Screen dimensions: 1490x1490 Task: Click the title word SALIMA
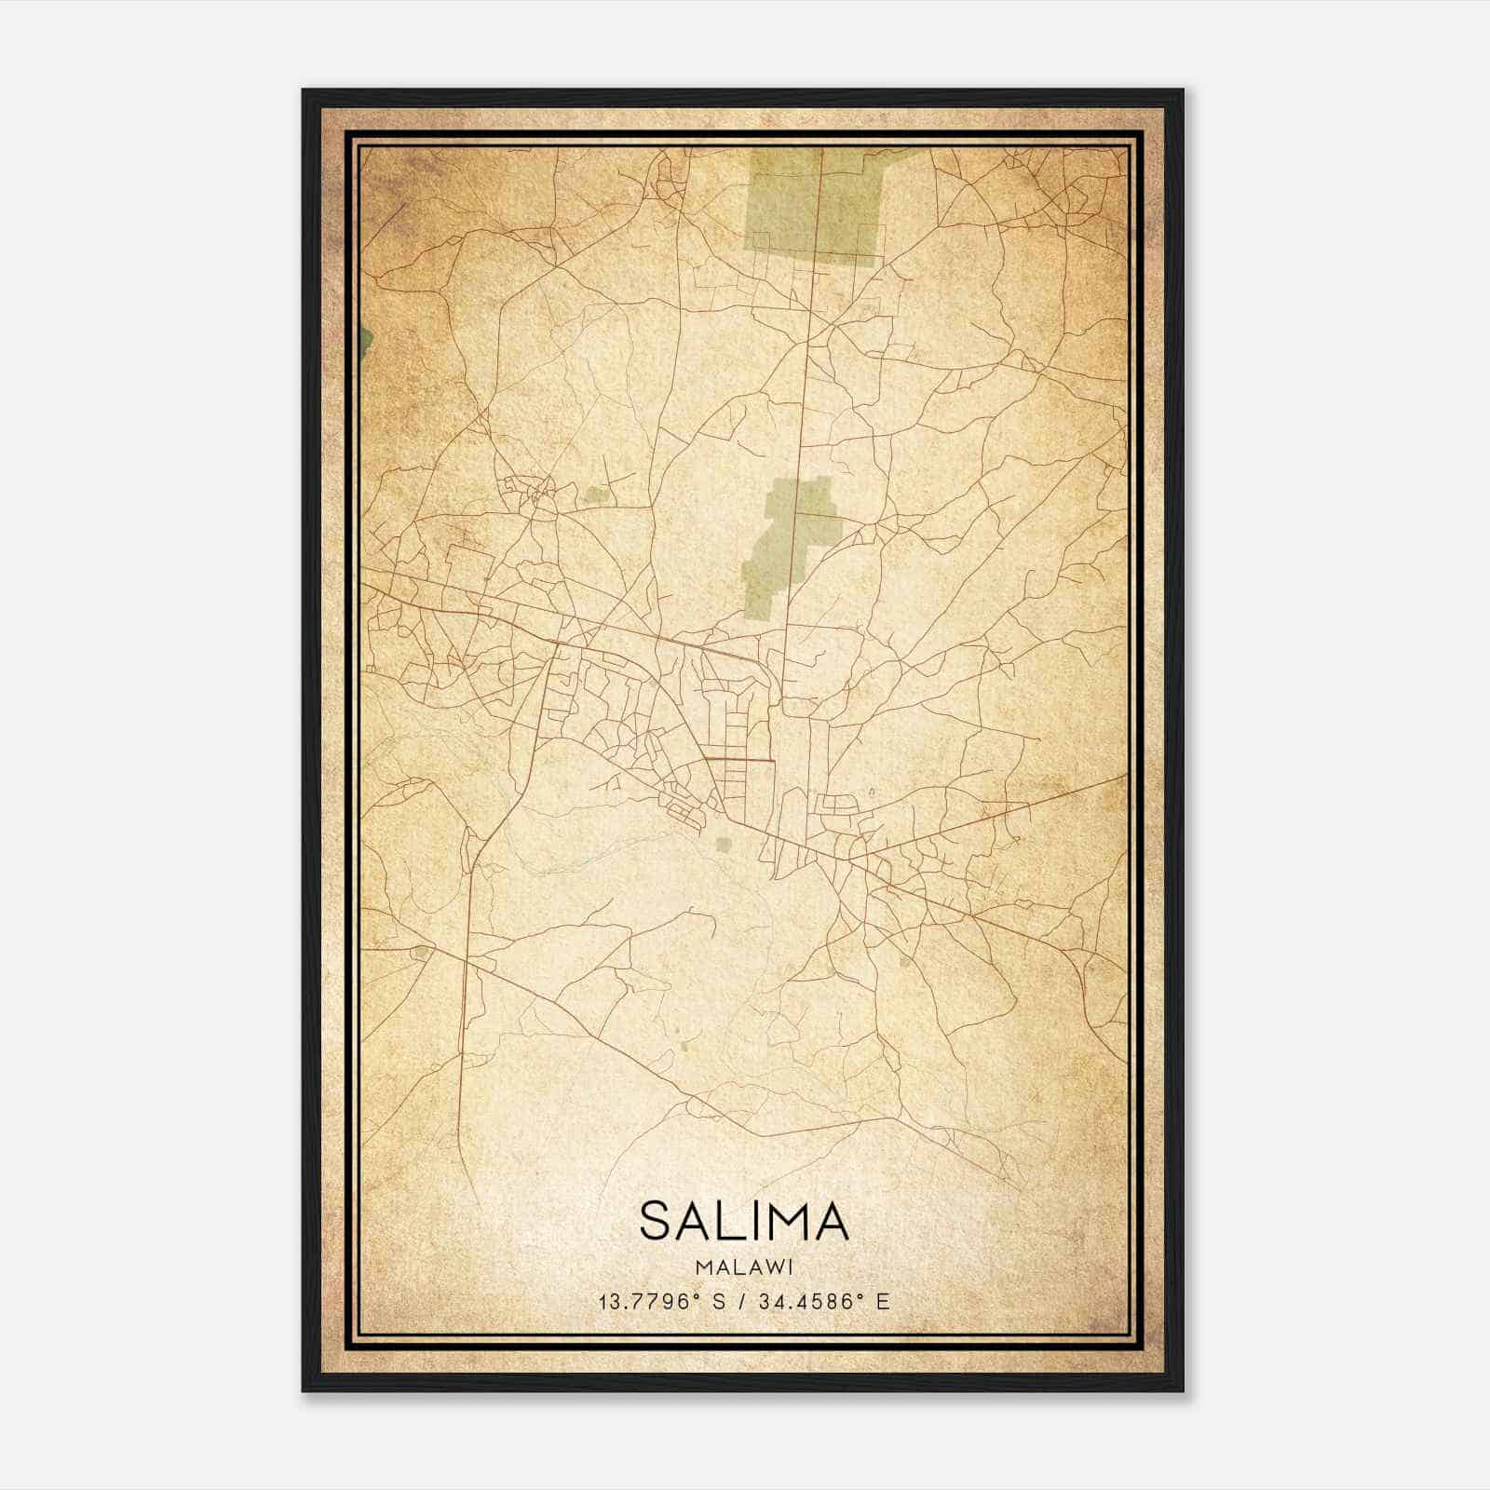tap(744, 1221)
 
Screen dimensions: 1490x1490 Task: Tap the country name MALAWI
tap(744, 1266)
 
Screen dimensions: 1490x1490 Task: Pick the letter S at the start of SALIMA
tap(657, 1221)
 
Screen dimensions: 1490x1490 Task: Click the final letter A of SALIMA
tap(830, 1221)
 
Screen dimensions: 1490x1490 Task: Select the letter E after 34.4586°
tap(883, 1301)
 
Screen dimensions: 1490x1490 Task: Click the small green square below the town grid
tap(723, 845)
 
